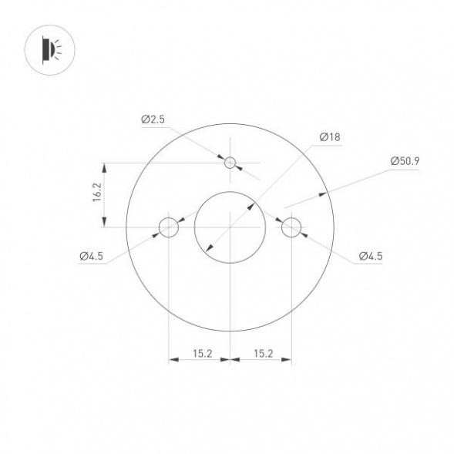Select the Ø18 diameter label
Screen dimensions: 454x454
coord(329,136)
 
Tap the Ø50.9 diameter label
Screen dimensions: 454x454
coord(404,161)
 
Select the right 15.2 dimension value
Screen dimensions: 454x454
coord(262,353)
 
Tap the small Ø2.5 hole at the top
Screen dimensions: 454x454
coord(230,163)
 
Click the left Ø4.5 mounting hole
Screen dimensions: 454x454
coord(168,227)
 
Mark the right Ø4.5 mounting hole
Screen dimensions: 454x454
coord(291,227)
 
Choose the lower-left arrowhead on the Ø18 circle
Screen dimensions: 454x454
coord(207,249)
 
